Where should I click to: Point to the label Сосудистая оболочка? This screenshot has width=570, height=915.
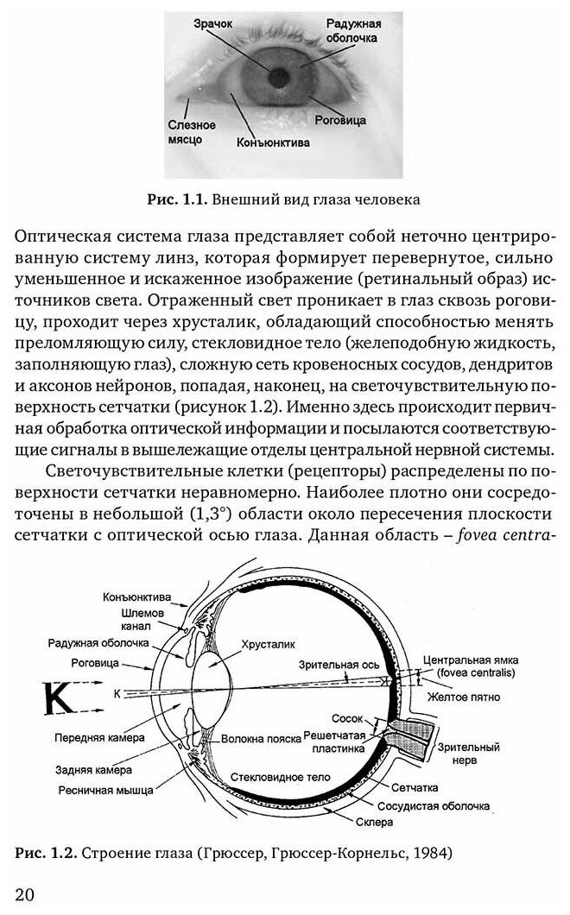coord(443,805)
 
